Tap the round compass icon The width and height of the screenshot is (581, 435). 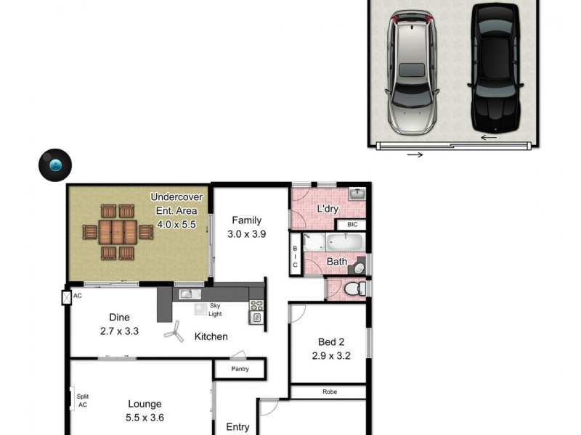click(x=54, y=165)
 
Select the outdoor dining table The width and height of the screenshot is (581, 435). click(x=118, y=233)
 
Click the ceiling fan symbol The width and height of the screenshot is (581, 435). click(x=174, y=333)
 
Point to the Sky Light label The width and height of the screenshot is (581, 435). click(x=214, y=310)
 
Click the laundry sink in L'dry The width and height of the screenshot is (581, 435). click(x=356, y=194)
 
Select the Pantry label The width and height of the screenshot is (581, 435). click(x=240, y=369)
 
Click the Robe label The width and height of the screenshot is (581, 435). click(x=328, y=391)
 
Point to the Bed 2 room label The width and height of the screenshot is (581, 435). click(x=330, y=342)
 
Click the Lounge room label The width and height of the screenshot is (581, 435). click(x=145, y=404)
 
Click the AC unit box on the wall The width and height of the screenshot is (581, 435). click(x=67, y=297)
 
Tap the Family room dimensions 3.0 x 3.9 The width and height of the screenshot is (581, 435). click(x=246, y=233)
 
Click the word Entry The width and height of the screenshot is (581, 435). click(x=238, y=427)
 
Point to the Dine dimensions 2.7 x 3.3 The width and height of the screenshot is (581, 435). click(x=118, y=331)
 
